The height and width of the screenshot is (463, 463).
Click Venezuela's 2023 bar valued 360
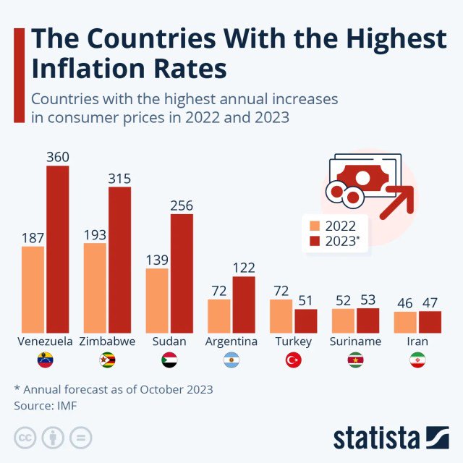[x=58, y=249]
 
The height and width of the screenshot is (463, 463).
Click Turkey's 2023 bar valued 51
[x=306, y=320]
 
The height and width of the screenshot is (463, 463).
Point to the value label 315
[x=120, y=178]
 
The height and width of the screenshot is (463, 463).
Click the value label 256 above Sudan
[x=182, y=205]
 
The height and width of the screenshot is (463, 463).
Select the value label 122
[x=244, y=268]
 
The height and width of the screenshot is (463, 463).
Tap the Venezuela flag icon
[x=46, y=360]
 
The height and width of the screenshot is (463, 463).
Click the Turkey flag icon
[x=294, y=360]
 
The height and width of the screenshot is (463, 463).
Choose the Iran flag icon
[x=417, y=360]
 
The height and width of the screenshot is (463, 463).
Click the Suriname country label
[x=356, y=341]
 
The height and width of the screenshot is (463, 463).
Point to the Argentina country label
[x=231, y=341]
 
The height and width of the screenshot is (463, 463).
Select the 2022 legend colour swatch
[x=314, y=225]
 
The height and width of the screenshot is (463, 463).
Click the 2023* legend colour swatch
[x=314, y=242]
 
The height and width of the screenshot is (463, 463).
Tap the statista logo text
[x=376, y=438]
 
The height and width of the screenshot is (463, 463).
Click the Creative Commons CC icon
[x=25, y=438]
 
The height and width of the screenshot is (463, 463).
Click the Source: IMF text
[x=45, y=406]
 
